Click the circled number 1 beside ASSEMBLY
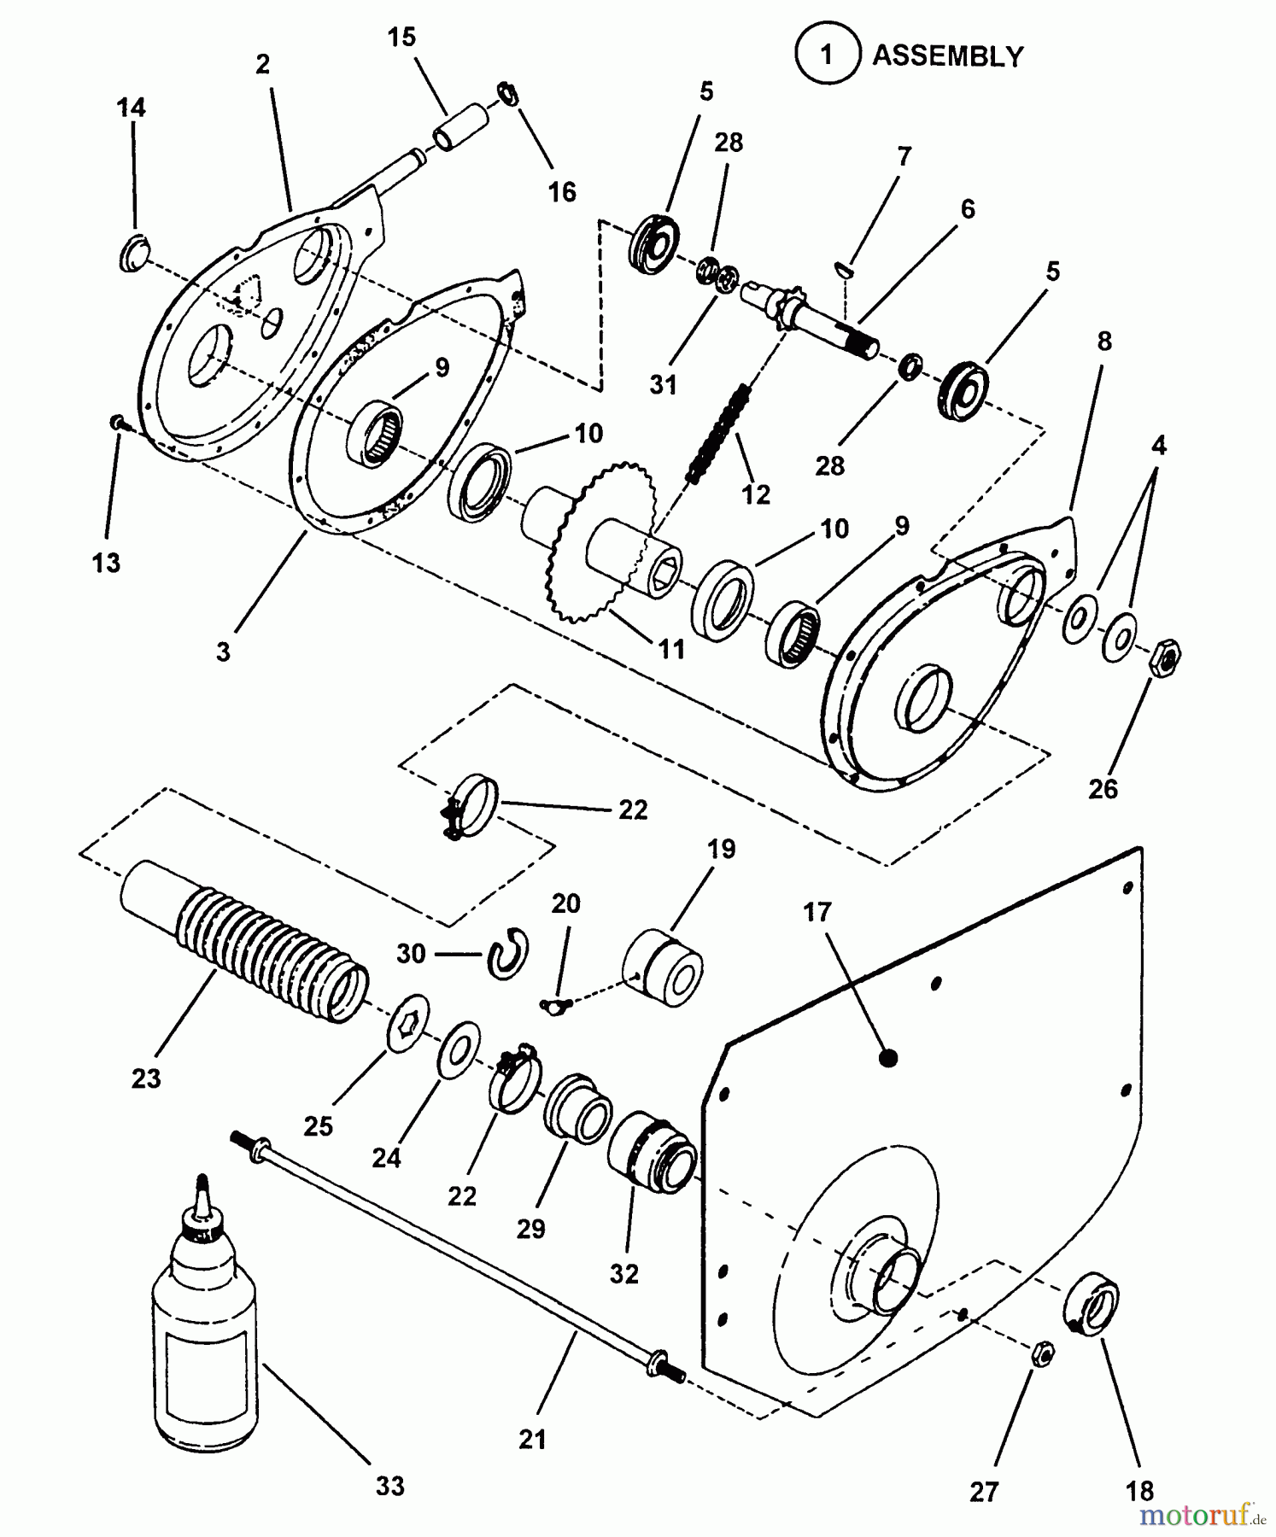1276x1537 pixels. tap(826, 56)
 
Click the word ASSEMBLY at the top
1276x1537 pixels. tap(947, 56)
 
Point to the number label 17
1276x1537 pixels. tap(817, 912)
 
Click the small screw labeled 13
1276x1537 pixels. tap(118, 422)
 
